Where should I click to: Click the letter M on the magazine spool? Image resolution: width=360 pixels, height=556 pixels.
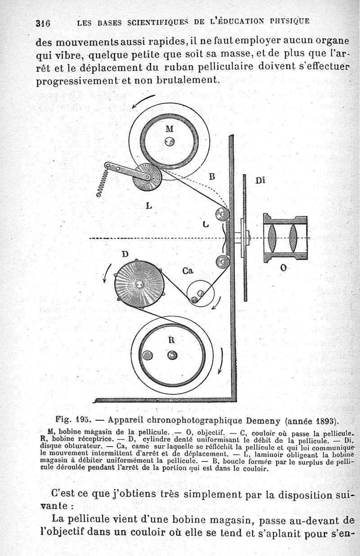point(169,128)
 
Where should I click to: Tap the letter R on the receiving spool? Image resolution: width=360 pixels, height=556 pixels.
point(171,340)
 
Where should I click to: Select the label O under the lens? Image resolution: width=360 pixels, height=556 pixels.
point(283,268)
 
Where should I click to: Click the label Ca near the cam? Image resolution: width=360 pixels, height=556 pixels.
point(188,271)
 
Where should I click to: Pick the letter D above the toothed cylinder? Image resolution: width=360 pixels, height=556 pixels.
point(125,254)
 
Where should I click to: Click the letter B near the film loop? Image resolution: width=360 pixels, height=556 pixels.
point(211,176)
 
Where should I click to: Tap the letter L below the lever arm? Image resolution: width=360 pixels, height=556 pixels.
point(149,206)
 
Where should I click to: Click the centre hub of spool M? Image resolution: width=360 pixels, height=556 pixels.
point(169,142)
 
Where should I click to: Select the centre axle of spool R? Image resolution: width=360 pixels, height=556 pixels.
point(172,355)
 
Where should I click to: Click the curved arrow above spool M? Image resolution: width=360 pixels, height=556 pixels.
point(143,101)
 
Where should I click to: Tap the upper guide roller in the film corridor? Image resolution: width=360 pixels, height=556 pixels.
point(222,214)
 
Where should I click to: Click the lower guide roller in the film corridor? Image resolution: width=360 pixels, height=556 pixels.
point(222,261)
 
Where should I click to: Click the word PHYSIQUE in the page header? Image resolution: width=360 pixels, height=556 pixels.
point(290,21)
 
